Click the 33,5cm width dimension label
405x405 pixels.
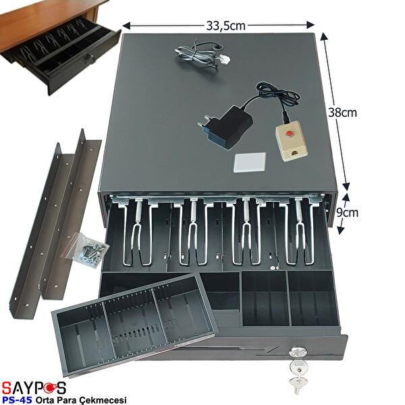click(x=225, y=26)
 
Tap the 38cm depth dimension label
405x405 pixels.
click(x=342, y=113)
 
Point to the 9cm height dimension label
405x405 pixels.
click(x=348, y=213)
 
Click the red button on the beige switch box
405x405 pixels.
click(x=290, y=134)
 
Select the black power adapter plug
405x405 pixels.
click(x=225, y=128)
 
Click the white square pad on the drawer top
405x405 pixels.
click(x=250, y=162)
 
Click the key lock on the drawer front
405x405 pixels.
click(x=298, y=353)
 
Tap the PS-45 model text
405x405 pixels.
click(x=17, y=400)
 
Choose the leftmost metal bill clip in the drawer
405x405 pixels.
click(x=138, y=230)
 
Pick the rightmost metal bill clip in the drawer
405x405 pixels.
click(x=300, y=230)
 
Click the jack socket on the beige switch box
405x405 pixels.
click(x=294, y=153)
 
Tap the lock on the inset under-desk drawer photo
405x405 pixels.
click(x=90, y=59)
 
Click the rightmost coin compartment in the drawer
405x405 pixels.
click(x=313, y=298)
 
